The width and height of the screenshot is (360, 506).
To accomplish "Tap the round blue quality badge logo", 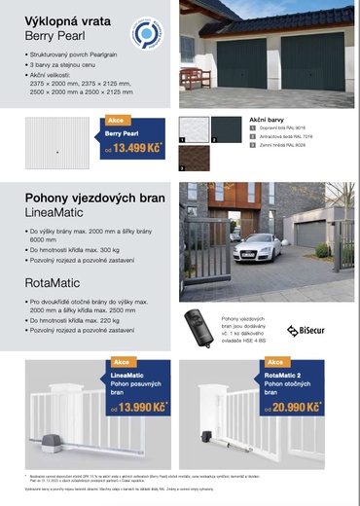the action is pyautogui.click(x=147, y=37).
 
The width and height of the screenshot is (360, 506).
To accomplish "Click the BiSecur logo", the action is pyautogui.click(x=306, y=331).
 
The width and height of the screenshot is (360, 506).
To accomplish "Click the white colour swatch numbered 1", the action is pyautogui.click(x=195, y=128).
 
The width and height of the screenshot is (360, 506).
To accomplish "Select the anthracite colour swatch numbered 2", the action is pyautogui.click(x=227, y=128).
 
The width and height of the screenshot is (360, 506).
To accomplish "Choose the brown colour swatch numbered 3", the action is pyautogui.click(x=195, y=159).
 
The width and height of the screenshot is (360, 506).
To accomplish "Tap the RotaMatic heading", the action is pyautogui.click(x=53, y=283).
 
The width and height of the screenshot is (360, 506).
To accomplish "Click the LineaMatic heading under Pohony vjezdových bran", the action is pyautogui.click(x=56, y=210).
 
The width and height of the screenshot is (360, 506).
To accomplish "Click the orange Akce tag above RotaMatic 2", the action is pyautogui.click(x=277, y=362).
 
